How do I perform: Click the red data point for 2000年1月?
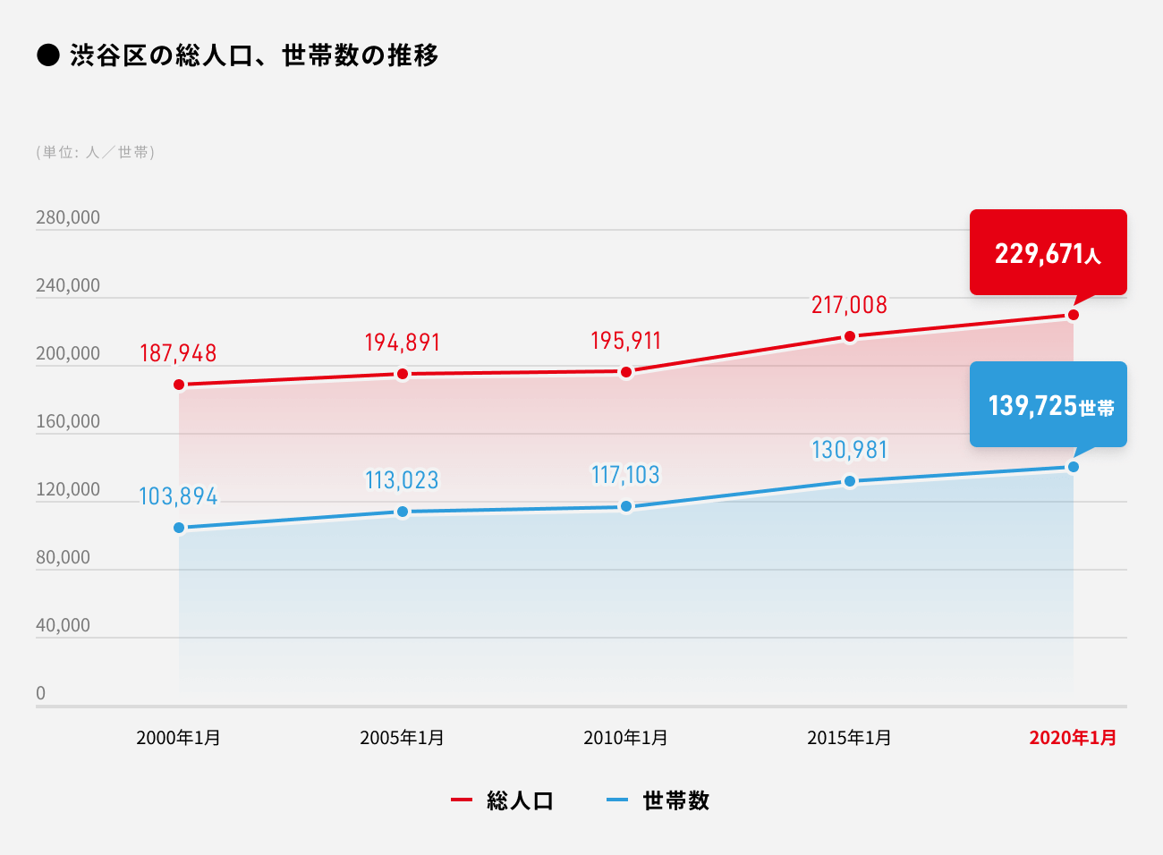179,385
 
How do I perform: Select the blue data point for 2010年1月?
626,506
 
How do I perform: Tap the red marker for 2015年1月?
850,336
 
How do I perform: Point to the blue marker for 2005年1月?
403,512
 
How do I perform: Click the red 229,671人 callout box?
1048,252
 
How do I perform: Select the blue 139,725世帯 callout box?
1048,404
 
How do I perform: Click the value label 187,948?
178,353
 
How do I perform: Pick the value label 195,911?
625,341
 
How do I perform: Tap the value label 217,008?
849,305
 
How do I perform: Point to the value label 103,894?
178,496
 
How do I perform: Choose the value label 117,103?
625,475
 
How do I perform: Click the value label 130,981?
849,450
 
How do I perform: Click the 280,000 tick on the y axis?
68,217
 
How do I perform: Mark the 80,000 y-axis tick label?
63,557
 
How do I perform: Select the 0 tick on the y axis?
40,693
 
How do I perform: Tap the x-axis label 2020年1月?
1073,738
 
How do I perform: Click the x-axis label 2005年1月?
402,738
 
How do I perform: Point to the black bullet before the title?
48,55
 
